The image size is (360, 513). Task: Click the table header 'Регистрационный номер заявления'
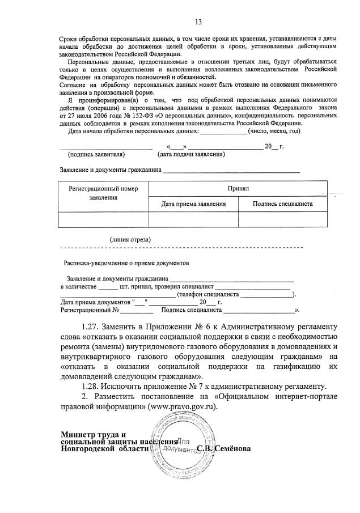coord(103,193)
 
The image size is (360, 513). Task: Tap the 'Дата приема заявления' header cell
coord(193,203)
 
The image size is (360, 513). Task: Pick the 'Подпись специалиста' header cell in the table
coord(282,203)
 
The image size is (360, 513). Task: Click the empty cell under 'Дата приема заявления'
coord(193,219)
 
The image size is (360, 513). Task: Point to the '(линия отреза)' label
coord(130,239)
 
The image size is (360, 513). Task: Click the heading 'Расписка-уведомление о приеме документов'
coord(126,263)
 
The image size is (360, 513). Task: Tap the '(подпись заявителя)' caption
coord(96,154)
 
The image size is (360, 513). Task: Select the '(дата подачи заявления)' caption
coord(191,154)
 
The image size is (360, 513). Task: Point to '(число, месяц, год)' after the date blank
coord(274,131)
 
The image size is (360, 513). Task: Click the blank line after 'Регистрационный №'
coord(136,311)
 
